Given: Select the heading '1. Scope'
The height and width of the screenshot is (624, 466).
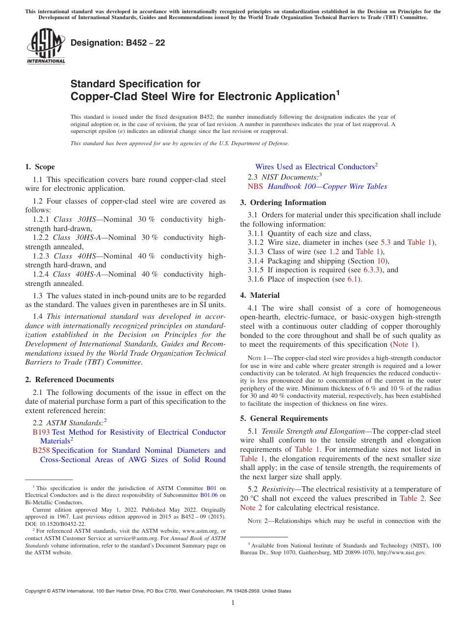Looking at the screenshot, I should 40,167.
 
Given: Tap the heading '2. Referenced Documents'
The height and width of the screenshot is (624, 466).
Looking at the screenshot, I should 70,380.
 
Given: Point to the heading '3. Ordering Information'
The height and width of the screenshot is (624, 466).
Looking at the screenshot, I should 283,203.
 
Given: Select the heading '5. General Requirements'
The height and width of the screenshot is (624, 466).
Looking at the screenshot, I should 284,418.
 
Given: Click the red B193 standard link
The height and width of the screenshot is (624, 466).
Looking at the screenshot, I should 41,432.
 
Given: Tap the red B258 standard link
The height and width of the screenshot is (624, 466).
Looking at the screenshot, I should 41,450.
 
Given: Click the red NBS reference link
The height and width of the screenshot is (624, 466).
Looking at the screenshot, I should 255,186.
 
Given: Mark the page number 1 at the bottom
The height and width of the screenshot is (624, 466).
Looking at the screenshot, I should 233,603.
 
